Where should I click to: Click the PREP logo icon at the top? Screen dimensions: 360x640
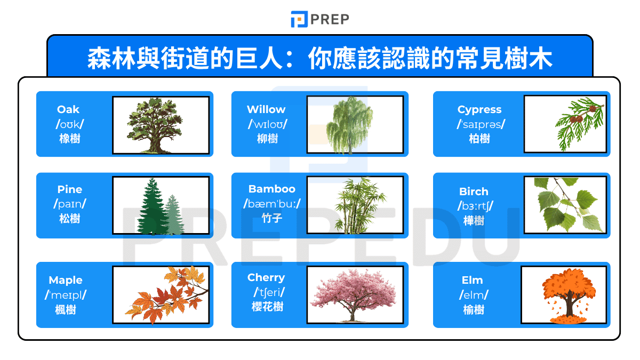299,19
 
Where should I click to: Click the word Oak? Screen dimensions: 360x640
68,109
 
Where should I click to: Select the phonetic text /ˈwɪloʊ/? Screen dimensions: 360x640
267,124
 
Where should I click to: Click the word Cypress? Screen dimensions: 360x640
479,109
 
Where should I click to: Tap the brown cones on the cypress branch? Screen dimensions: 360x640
577,118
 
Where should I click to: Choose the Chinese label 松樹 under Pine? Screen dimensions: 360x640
69,219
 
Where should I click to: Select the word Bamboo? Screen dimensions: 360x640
271,189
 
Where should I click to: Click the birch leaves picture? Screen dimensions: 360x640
565,205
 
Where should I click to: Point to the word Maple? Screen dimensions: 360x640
66,280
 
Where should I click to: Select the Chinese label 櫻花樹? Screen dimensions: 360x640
267,307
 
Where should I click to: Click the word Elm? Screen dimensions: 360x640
473,280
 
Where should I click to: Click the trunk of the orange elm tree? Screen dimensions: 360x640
569,307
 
